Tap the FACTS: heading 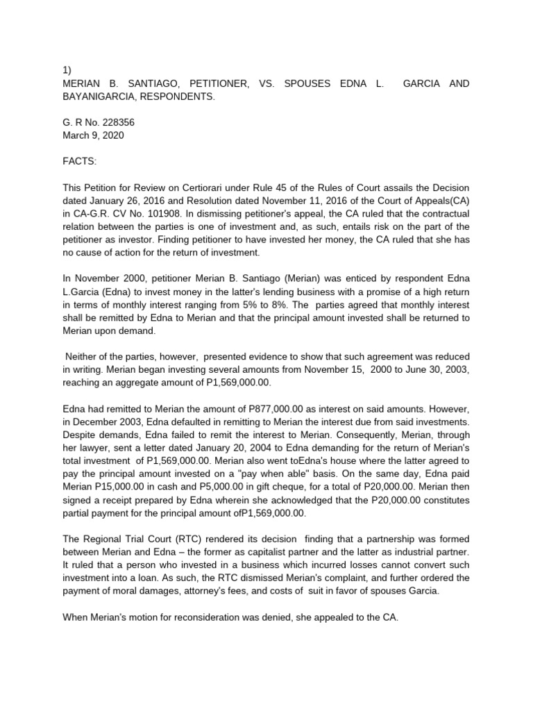tap(81, 162)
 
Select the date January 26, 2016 tap(132, 201)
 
